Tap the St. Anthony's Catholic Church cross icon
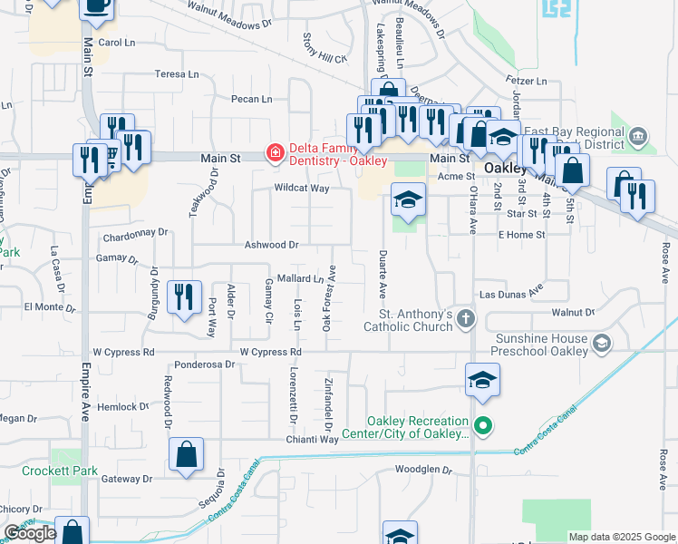click(x=465, y=318)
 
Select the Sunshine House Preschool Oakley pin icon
click(x=605, y=343)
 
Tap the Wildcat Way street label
click(x=302, y=189)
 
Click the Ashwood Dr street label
click(x=271, y=245)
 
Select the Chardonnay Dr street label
click(x=136, y=233)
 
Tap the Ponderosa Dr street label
click(x=205, y=364)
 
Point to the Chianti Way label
click(x=313, y=439)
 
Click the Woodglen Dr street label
click(x=422, y=470)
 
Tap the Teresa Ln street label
click(x=176, y=74)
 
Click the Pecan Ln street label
click(x=251, y=99)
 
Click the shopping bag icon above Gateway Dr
click(x=186, y=455)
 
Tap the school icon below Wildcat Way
click(x=408, y=198)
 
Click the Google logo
click(x=30, y=533)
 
